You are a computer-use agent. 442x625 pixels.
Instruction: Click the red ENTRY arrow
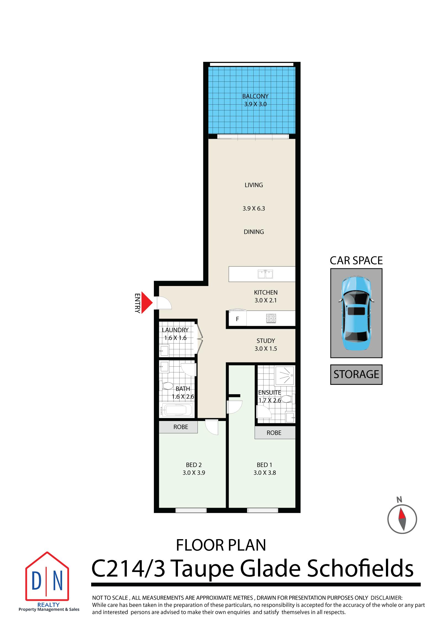tap(147, 303)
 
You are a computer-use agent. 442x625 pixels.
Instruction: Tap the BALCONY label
tap(255, 96)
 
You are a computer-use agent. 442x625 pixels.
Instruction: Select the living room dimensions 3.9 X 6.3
tap(254, 208)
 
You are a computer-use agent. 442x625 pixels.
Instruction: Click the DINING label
tap(254, 232)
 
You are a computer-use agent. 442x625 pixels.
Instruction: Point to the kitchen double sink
tap(265, 274)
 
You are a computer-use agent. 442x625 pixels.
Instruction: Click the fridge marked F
tap(237, 319)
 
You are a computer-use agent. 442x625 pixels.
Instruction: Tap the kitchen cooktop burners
tap(271, 318)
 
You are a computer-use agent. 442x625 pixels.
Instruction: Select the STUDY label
tap(266, 341)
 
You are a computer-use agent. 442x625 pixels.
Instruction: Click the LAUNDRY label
tap(175, 330)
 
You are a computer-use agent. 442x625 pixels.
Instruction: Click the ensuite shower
tap(285, 375)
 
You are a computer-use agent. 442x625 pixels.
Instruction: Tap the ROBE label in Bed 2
tap(181, 427)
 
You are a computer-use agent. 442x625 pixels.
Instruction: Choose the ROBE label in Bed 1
tap(274, 433)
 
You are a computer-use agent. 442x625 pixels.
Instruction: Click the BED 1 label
tap(264, 465)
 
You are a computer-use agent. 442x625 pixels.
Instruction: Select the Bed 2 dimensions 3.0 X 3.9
tap(194, 473)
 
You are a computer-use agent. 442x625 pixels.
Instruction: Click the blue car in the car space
tap(356, 313)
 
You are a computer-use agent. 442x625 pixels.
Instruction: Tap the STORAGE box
tap(356, 374)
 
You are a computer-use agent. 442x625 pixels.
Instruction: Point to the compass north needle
tap(402, 519)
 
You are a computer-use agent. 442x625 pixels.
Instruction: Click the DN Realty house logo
tap(47, 577)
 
